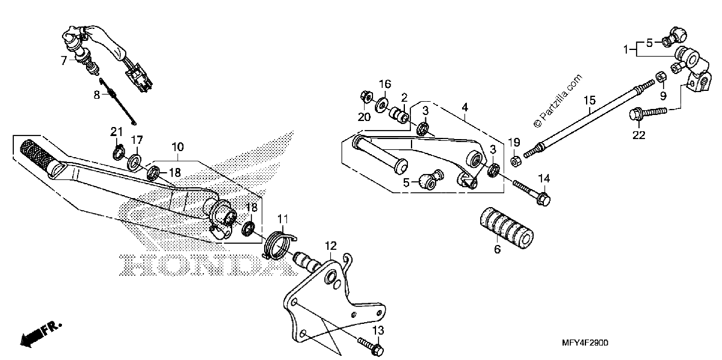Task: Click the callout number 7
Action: tap(64, 60)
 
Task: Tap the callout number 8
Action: tap(97, 95)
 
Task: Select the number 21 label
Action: tap(117, 132)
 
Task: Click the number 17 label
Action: tap(137, 140)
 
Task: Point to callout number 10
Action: tap(177, 147)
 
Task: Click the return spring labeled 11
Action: tap(279, 243)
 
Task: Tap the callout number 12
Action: tap(331, 246)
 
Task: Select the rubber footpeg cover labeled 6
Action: tap(506, 228)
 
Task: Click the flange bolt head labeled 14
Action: tap(543, 199)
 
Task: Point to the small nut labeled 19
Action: tap(516, 161)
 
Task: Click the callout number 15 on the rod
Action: tap(590, 101)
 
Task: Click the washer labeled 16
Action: tap(382, 105)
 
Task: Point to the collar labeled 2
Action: tap(400, 115)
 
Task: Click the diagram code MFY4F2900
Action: tap(585, 343)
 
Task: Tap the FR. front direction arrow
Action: tap(40, 335)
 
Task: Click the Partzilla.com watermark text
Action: tap(558, 101)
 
